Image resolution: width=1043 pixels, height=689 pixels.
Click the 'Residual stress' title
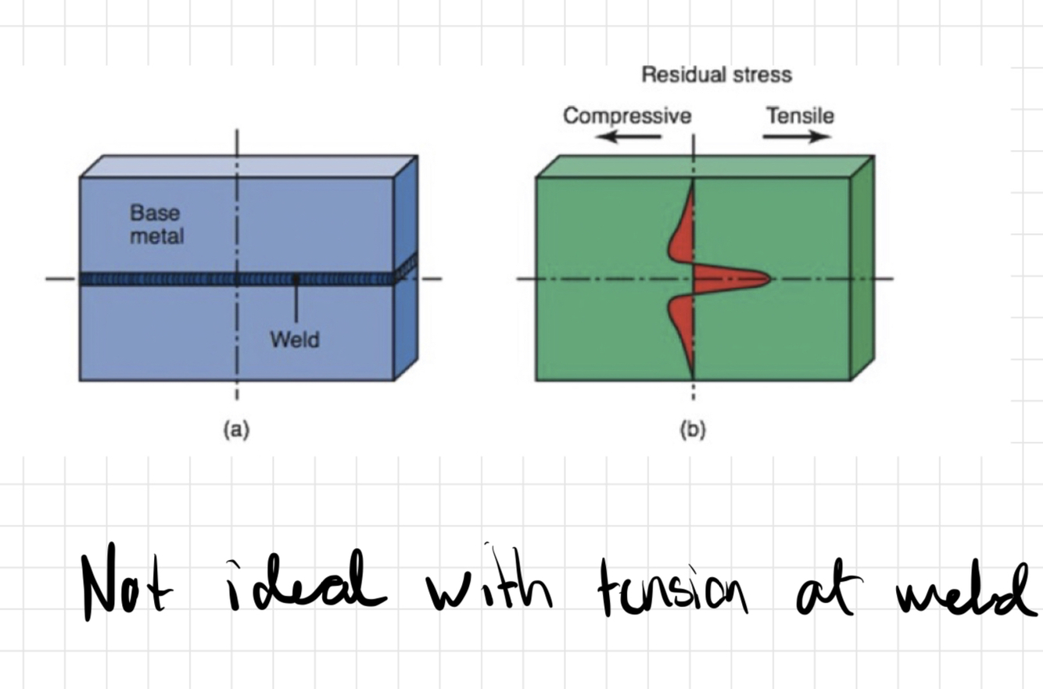716,75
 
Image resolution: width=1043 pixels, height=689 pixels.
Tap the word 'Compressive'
627,117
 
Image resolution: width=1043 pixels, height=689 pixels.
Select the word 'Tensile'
800,117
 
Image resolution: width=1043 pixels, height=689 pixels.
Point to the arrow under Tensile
797,138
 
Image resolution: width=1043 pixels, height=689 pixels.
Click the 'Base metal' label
156,224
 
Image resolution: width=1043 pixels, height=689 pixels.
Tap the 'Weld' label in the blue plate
294,339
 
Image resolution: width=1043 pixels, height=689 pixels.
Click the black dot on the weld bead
296,278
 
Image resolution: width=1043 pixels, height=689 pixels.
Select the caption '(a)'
236,429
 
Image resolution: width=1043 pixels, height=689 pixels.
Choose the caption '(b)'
693,429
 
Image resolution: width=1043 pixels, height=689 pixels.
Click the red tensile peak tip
767,278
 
